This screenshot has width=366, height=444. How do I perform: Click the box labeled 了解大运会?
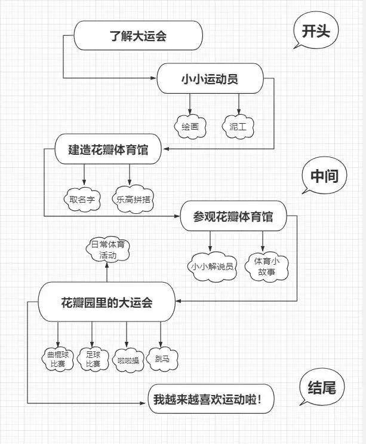[138, 36]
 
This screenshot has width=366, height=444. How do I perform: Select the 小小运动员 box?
[209, 79]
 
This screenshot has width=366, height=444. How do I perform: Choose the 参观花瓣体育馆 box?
[233, 217]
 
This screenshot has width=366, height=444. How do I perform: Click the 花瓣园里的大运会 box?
[107, 303]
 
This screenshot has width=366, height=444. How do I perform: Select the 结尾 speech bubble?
[322, 389]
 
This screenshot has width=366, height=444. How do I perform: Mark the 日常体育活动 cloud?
[107, 249]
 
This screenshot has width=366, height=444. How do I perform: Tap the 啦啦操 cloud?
[127, 360]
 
